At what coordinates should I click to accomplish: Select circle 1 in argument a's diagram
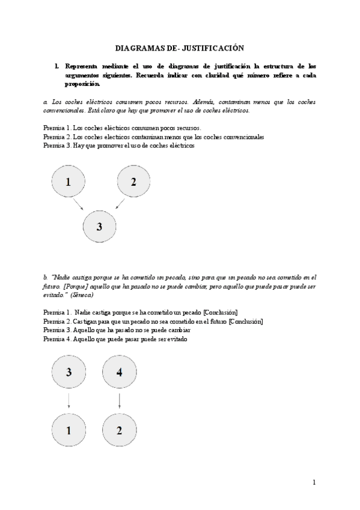pyautogui.click(x=69, y=182)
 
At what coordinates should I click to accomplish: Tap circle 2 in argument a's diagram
pyautogui.click(x=133, y=182)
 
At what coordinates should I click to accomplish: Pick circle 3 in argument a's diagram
pyautogui.click(x=99, y=226)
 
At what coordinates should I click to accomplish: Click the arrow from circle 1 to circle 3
pyautogui.click(x=78, y=205)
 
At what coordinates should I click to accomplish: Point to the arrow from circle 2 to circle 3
pyautogui.click(x=120, y=205)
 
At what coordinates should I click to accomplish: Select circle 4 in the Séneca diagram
pyautogui.click(x=119, y=372)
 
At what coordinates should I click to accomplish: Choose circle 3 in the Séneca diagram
pyautogui.click(x=69, y=372)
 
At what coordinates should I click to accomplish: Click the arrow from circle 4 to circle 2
pyautogui.click(x=119, y=401)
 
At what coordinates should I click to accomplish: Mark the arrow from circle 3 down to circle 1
pyautogui.click(x=69, y=401)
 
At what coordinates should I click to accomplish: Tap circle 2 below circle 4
pyautogui.click(x=119, y=430)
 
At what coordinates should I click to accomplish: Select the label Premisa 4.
pyautogui.click(x=58, y=339)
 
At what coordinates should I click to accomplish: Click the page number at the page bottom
pyautogui.click(x=314, y=482)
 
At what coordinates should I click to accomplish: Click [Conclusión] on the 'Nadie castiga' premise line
pyautogui.click(x=221, y=312)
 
